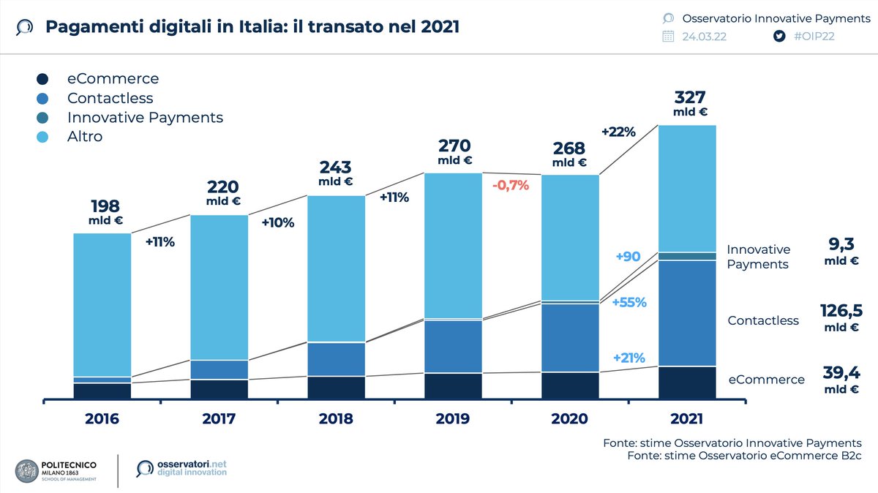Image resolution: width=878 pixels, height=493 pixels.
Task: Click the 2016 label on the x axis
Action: tap(102, 418)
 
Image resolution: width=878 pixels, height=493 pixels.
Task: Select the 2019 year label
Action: tap(453, 418)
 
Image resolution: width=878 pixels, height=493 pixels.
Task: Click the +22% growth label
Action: tap(618, 132)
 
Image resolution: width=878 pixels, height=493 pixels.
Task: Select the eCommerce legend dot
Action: tap(42, 79)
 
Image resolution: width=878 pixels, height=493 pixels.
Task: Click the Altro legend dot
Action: tap(42, 136)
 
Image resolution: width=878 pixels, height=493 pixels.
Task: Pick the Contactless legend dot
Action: tap(42, 98)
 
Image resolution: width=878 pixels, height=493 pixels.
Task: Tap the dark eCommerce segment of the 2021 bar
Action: tap(687, 383)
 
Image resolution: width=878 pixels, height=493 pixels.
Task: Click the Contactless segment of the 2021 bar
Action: tap(687, 312)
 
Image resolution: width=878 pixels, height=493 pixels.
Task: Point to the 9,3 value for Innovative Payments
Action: tap(841, 244)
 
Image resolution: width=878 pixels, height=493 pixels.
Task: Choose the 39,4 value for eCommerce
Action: tap(841, 374)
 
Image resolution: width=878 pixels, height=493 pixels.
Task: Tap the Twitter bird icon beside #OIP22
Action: tap(780, 37)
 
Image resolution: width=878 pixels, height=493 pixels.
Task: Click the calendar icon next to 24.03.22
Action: tap(668, 37)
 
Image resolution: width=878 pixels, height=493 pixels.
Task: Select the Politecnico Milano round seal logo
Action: tap(30, 472)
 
